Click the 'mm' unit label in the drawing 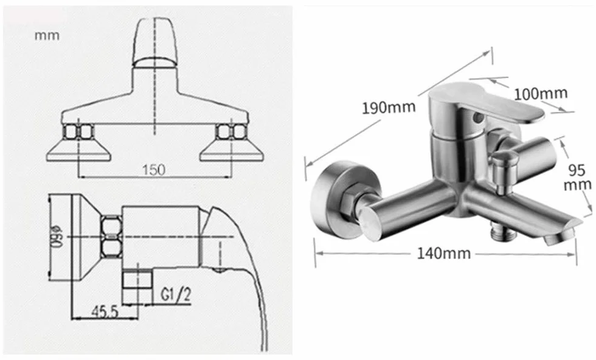tap(47, 35)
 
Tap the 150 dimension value tap(154, 170)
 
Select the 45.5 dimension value tap(105, 312)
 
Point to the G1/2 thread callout tap(176, 294)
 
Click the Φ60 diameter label tap(58, 237)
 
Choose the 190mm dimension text tap(388, 108)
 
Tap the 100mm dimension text tap(541, 93)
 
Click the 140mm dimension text tap(443, 253)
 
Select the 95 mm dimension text tap(577, 177)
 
